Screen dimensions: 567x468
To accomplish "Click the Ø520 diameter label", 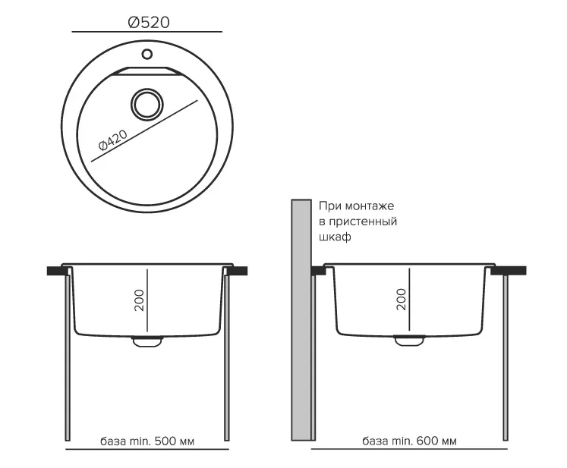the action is (149, 23).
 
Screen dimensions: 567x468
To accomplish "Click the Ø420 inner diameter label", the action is (113, 140).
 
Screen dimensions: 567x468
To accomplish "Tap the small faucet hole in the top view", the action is (147, 54).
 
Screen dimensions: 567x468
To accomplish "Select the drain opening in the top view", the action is (146, 104).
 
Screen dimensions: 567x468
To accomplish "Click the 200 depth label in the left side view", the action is (139, 300).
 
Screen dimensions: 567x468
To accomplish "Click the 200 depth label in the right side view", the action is (402, 299).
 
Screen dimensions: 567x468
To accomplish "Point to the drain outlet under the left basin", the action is (147, 341).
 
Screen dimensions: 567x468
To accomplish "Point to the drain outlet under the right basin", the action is (409, 340).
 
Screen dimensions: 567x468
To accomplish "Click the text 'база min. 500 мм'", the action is (147, 441).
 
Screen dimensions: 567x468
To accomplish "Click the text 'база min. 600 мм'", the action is (409, 441).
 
